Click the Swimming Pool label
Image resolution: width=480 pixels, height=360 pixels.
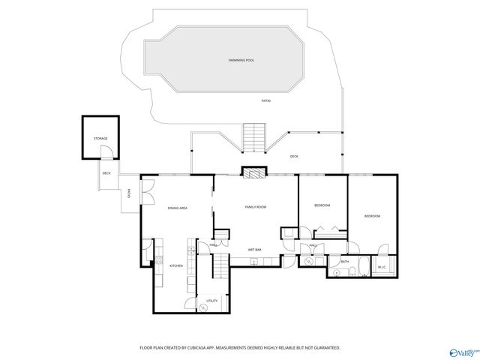(241, 59)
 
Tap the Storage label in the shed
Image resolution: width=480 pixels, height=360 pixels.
(100, 139)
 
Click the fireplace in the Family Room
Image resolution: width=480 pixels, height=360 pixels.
(253, 172)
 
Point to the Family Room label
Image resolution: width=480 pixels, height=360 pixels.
(256, 206)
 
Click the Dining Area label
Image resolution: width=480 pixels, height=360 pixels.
(177, 208)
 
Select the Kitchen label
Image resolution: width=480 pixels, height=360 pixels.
(175, 265)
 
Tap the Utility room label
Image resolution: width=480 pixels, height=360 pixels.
(212, 301)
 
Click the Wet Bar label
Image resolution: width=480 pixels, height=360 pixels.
(254, 249)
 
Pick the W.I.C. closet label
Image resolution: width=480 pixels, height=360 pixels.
(382, 267)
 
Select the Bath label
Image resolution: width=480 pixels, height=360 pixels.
(344, 262)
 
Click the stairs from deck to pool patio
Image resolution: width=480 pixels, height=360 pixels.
(253, 136)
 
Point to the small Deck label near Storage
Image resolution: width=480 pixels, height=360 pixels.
(106, 173)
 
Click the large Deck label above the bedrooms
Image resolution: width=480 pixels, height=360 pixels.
(294, 156)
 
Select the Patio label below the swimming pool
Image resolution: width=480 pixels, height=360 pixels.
(265, 100)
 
